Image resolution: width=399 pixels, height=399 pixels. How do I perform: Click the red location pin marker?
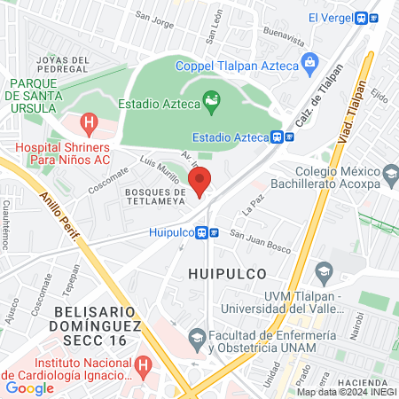[202, 181]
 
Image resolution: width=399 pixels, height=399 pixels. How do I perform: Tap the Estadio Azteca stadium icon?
[211, 103]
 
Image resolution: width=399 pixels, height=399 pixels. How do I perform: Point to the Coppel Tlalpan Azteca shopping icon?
[309, 64]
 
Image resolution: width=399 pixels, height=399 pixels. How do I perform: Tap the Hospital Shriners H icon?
[88, 122]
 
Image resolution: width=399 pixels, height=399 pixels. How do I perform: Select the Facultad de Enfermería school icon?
[196, 336]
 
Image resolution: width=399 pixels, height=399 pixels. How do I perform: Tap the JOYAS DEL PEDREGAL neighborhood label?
[63, 65]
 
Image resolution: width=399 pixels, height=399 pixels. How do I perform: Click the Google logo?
[28, 387]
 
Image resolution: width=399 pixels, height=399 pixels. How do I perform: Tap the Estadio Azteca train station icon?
[278, 137]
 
